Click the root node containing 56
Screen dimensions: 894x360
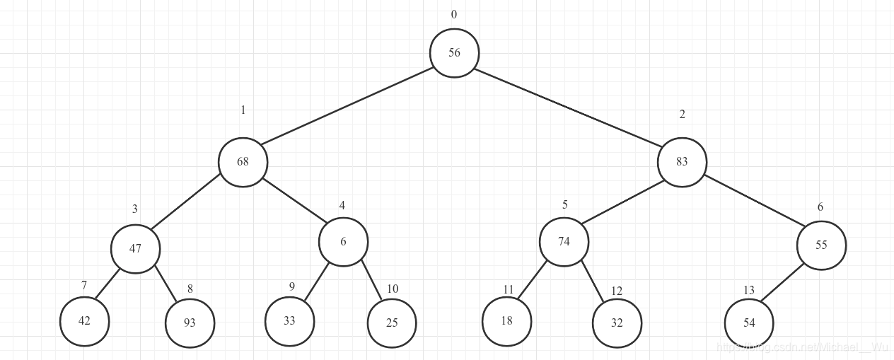click(x=455, y=53)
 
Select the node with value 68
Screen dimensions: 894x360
click(x=243, y=162)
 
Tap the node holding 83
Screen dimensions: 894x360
click(x=682, y=162)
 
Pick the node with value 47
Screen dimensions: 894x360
click(x=135, y=248)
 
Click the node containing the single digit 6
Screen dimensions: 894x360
click(x=343, y=242)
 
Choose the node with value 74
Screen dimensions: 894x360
click(x=564, y=242)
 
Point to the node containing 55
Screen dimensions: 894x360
click(x=821, y=245)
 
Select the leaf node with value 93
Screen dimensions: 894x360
click(x=190, y=323)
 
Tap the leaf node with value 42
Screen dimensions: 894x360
click(x=85, y=321)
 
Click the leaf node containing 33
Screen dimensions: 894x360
click(x=289, y=321)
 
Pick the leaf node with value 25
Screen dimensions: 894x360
click(x=392, y=323)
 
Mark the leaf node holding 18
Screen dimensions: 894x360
click(x=506, y=321)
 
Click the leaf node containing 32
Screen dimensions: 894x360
click(x=617, y=323)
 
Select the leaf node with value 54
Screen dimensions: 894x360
click(x=749, y=323)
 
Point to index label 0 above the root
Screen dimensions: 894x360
click(x=454, y=15)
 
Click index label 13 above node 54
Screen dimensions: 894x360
click(x=749, y=291)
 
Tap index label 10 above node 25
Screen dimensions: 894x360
click(x=393, y=289)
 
